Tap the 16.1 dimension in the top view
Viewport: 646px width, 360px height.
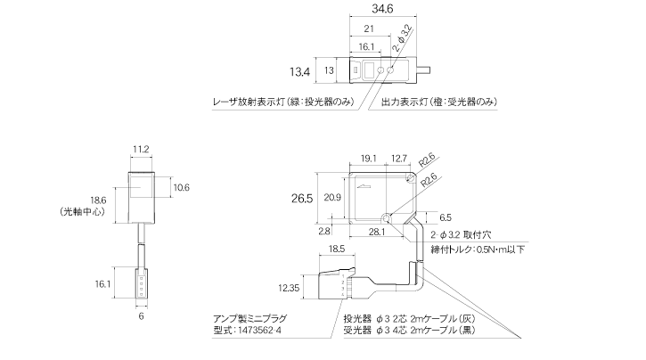coord(367,46)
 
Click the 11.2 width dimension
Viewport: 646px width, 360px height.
coord(140,149)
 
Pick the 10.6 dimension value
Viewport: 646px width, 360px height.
coord(181,187)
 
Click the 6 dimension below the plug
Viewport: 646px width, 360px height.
coord(140,315)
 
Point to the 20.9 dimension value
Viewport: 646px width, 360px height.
coord(332,196)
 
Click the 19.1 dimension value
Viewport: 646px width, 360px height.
coord(368,159)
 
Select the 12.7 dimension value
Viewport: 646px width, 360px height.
coord(399,159)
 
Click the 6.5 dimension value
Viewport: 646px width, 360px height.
coord(446,217)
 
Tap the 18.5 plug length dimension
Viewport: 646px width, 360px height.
coord(338,249)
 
